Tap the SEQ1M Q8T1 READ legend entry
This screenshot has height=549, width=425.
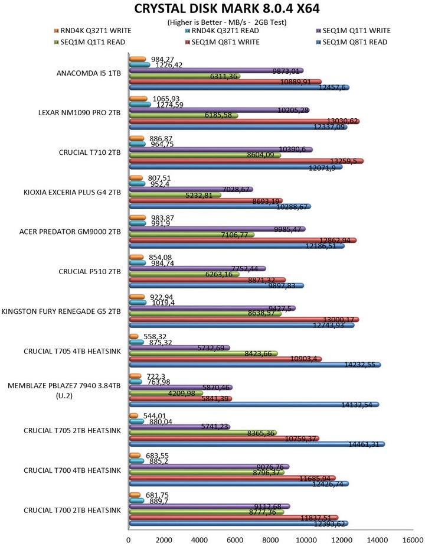click(353, 42)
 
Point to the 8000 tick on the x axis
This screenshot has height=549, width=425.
click(271, 540)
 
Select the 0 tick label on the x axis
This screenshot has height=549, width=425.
click(129, 540)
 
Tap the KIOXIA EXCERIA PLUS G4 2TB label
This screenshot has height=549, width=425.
click(81, 192)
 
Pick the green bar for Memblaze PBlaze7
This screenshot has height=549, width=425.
click(165, 393)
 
